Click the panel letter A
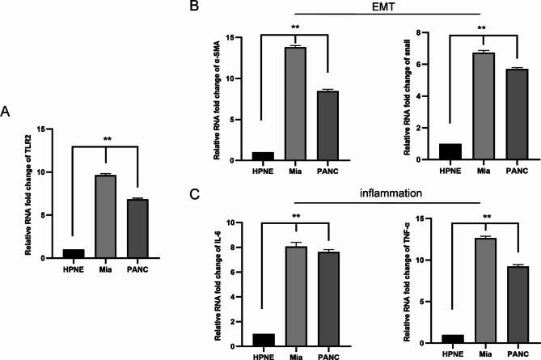point(7,111)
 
